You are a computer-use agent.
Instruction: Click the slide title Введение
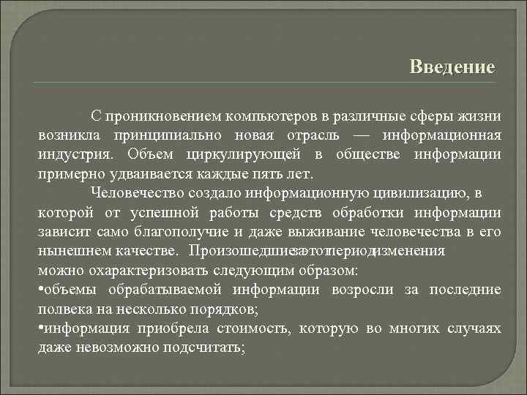click(x=452, y=67)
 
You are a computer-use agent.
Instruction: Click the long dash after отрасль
click(x=362, y=136)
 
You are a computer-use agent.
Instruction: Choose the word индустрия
click(x=75, y=155)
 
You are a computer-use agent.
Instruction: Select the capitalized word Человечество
click(x=137, y=194)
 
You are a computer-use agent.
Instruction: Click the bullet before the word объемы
click(x=40, y=290)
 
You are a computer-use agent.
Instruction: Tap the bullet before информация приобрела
click(x=40, y=329)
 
